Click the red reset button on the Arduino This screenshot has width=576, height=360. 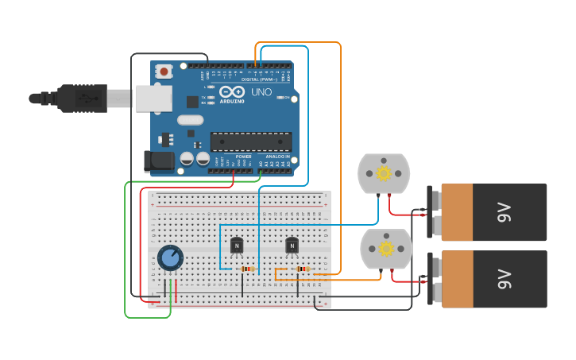(164, 72)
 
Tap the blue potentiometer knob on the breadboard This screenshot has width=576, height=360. (170, 257)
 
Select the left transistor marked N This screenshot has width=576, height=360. (237, 246)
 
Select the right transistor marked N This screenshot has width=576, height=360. (292, 246)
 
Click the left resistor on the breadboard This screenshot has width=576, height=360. (248, 269)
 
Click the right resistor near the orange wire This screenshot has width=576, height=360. (302, 269)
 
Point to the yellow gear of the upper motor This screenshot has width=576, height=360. (384, 174)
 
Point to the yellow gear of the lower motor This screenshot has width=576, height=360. (386, 249)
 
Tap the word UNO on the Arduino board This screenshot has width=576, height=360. (261, 93)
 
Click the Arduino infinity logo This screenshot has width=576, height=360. (232, 93)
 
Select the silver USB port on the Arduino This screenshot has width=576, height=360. (153, 98)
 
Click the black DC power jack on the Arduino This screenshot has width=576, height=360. (159, 161)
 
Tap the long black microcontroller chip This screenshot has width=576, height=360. (250, 141)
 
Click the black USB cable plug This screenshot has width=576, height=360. (79, 99)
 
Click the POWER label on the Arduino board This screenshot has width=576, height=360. (243, 157)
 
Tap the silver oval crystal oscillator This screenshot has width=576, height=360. (191, 120)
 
